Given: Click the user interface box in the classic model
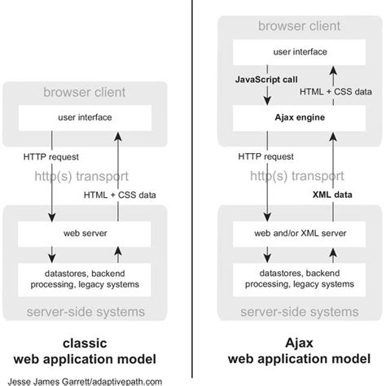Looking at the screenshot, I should pos(85,117).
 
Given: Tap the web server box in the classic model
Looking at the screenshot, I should pos(85,232).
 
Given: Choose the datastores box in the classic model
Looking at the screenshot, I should pos(85,278).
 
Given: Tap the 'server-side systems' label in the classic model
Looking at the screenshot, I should pos(85,312).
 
